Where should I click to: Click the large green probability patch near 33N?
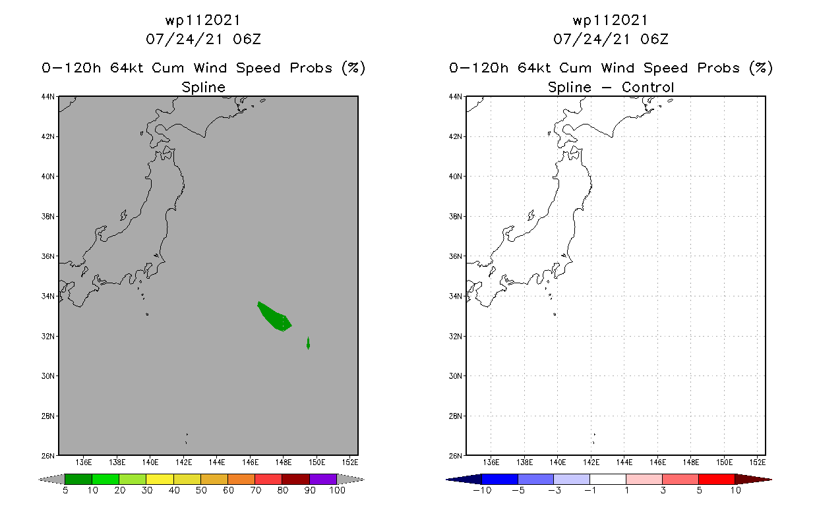[x=274, y=317]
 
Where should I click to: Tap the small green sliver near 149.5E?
[x=308, y=343]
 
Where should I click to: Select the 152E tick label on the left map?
[x=349, y=462]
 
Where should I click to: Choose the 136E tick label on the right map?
[x=491, y=462]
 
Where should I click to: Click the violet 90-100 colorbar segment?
[x=323, y=479]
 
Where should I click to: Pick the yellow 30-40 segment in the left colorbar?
[x=160, y=479]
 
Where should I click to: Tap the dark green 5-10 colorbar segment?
[x=78, y=479]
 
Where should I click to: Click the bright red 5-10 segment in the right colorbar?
[x=716, y=479]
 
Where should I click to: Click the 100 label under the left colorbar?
[x=337, y=490]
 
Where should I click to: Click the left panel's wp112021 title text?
[x=203, y=20]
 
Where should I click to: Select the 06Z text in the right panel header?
[x=654, y=39]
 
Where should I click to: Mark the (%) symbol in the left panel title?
[x=353, y=68]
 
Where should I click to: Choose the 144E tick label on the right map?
[x=624, y=462]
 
